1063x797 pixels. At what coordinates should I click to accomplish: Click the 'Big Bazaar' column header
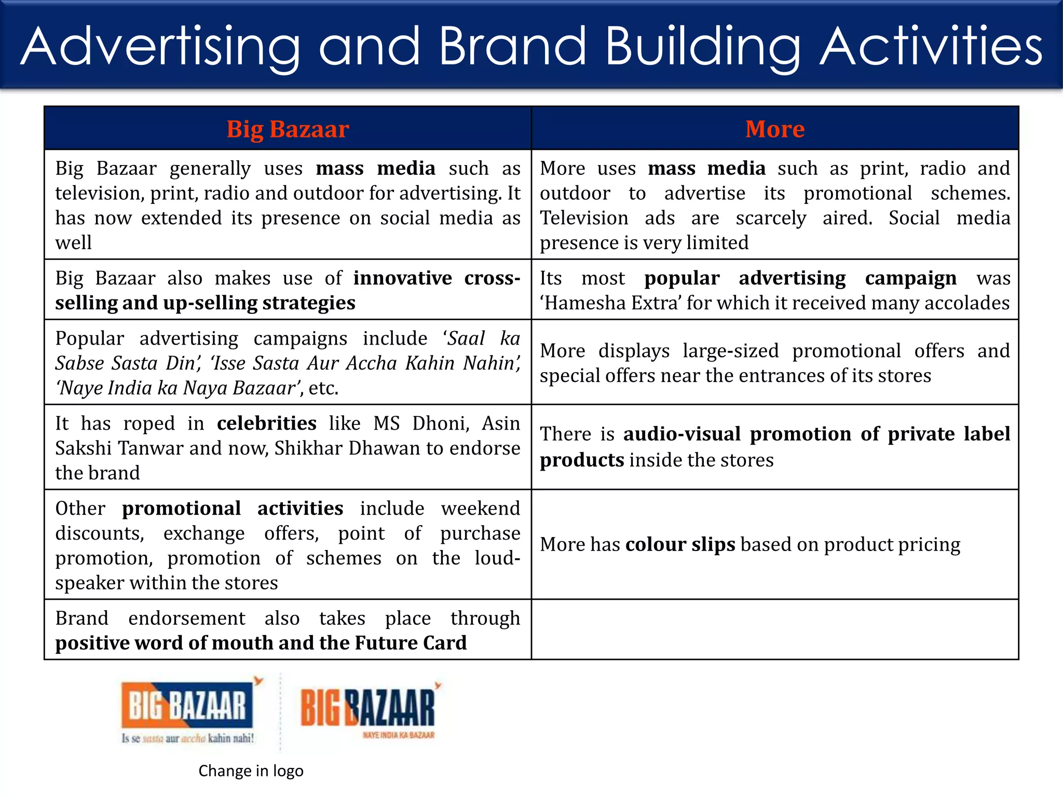coord(288,129)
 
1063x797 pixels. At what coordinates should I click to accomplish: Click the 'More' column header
coord(774,129)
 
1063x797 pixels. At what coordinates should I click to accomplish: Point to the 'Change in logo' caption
coord(251,771)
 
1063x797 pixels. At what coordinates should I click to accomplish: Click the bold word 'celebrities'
coord(266,423)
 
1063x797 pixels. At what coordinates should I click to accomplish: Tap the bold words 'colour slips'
coord(680,544)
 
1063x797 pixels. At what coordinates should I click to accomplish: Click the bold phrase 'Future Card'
coord(411,643)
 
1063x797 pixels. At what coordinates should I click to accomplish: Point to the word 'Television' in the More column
coord(584,218)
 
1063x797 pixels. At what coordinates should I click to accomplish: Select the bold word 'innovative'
coord(402,278)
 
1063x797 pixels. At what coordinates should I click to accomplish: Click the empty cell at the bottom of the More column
coord(774,629)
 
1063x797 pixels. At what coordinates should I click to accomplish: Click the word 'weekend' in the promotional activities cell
coord(480,509)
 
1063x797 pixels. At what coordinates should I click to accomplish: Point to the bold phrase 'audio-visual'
coord(682,434)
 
